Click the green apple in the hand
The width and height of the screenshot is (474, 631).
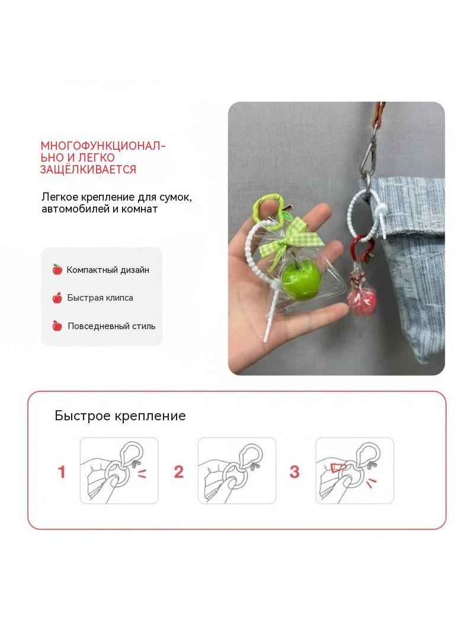pyautogui.click(x=301, y=279)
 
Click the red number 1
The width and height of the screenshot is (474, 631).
pyautogui.click(x=62, y=472)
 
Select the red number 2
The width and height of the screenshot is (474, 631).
pyautogui.click(x=178, y=472)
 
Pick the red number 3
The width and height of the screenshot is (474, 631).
pyautogui.click(x=295, y=472)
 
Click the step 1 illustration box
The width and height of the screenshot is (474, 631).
pyautogui.click(x=119, y=471)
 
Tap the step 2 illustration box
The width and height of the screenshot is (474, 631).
pyautogui.click(x=237, y=471)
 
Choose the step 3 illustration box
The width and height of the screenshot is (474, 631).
pyautogui.click(x=355, y=471)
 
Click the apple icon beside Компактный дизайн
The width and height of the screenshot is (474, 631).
pyautogui.click(x=57, y=269)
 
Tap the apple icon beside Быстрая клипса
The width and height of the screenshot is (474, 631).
pyautogui.click(x=57, y=298)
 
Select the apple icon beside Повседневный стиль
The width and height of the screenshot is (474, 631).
pyautogui.click(x=57, y=326)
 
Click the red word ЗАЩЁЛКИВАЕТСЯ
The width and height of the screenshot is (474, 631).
pyautogui.click(x=88, y=169)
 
